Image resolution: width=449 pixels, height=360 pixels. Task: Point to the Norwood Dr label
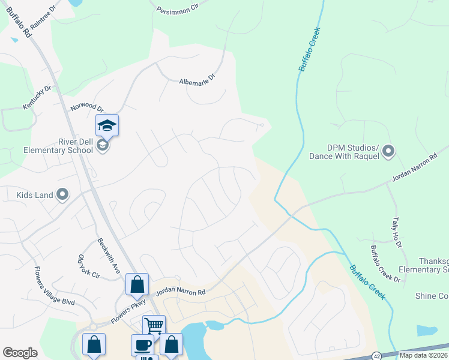pyautogui.click(x=87, y=106)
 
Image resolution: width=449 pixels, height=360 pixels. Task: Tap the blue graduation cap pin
pyautogui.click(x=107, y=125)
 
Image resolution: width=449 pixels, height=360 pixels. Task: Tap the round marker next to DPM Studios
pyautogui.click(x=388, y=151)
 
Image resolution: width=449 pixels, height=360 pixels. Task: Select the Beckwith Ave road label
pyautogui.click(x=109, y=256)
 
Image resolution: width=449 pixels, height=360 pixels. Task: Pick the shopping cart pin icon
pyautogui.click(x=154, y=326)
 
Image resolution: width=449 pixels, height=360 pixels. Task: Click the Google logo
pyautogui.click(x=20, y=353)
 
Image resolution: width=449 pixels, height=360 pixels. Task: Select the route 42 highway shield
pyautogui.click(x=376, y=355)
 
